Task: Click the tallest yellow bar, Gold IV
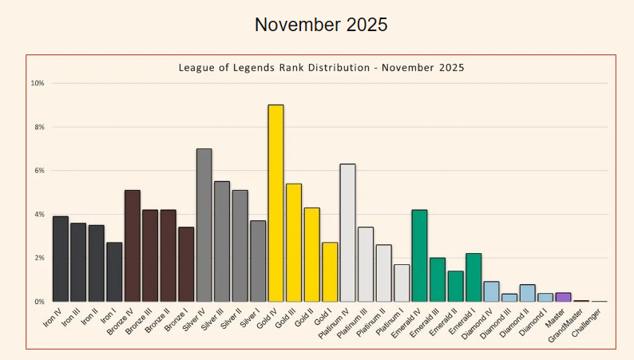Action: (x=275, y=204)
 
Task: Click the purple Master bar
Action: (x=563, y=298)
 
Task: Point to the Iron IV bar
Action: (x=60, y=259)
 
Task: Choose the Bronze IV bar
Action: (x=132, y=246)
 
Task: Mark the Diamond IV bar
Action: (x=491, y=292)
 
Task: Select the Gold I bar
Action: (x=330, y=272)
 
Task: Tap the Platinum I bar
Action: (x=402, y=283)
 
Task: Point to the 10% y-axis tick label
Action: (x=37, y=83)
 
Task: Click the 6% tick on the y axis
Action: (x=38, y=171)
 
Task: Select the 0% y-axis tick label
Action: (x=38, y=302)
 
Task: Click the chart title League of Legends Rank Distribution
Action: (x=320, y=68)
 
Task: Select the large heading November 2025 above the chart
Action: (x=321, y=25)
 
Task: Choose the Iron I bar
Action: (x=114, y=272)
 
